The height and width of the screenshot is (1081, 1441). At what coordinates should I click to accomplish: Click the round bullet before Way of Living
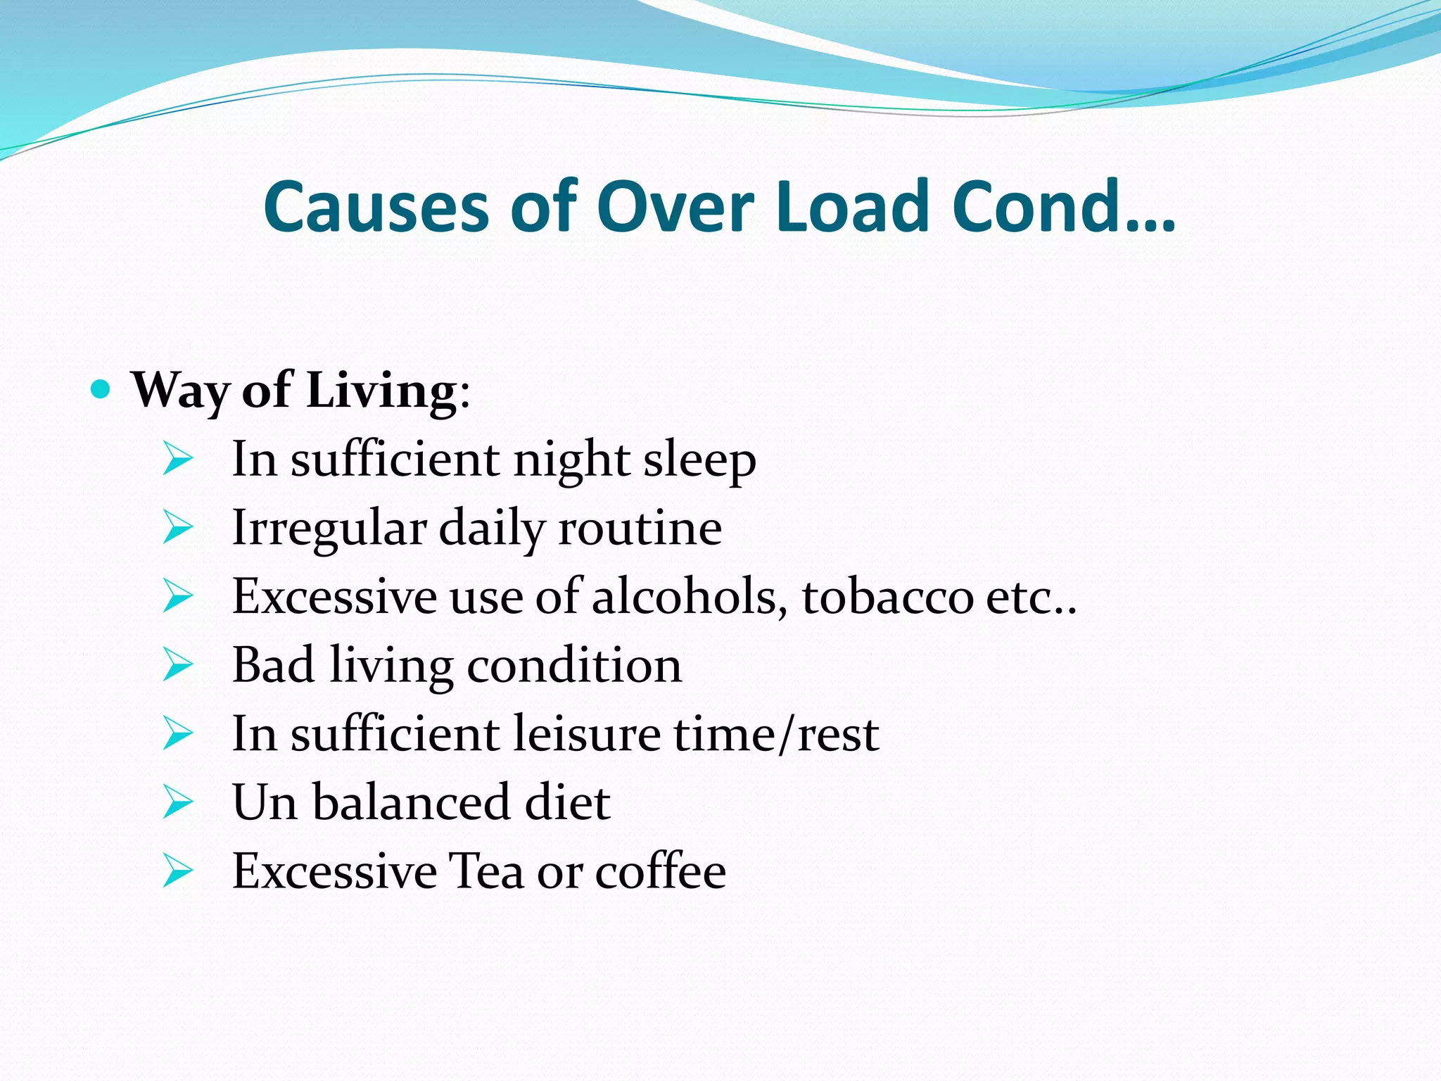(x=101, y=388)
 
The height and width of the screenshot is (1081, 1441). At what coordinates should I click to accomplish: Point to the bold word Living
(x=381, y=391)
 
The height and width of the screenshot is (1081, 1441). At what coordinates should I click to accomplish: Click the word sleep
(x=699, y=460)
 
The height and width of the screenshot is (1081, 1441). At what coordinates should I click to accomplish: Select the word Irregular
(x=329, y=529)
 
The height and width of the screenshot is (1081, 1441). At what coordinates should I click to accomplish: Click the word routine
(x=640, y=529)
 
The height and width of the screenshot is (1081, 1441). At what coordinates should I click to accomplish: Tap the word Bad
(x=273, y=665)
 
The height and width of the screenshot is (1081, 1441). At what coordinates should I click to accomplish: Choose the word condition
(x=574, y=665)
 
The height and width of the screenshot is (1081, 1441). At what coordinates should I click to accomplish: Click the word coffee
(x=661, y=871)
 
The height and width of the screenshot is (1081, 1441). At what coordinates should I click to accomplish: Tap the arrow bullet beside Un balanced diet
(x=177, y=802)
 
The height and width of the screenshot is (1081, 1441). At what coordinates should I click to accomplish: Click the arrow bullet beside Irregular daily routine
(x=177, y=527)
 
